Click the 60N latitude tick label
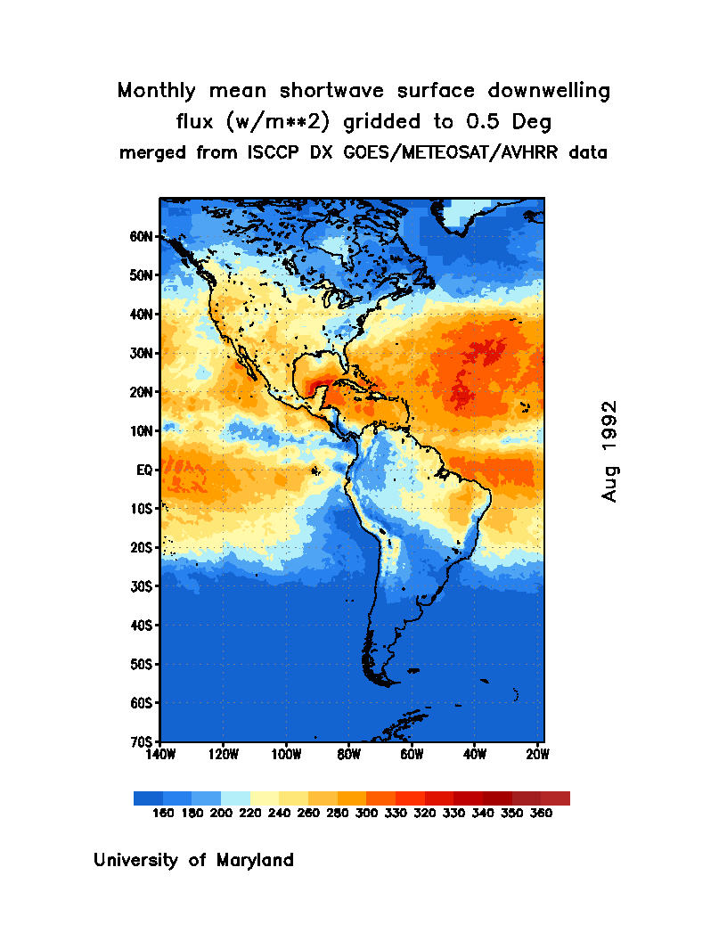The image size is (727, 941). click(x=143, y=236)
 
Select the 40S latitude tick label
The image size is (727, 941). click(x=143, y=626)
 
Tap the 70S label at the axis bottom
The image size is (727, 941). click(x=143, y=741)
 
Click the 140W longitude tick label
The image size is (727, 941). click(x=160, y=755)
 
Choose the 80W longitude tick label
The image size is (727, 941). click(x=348, y=755)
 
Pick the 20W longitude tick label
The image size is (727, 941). click(x=537, y=755)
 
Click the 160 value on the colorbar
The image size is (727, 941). click(x=162, y=813)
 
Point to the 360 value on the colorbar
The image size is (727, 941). click(x=541, y=813)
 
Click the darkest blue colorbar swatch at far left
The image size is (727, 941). click(x=148, y=798)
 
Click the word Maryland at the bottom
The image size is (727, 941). click(x=254, y=861)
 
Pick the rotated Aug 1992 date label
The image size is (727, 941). click(x=609, y=451)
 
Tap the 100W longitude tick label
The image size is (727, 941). click(x=286, y=755)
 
